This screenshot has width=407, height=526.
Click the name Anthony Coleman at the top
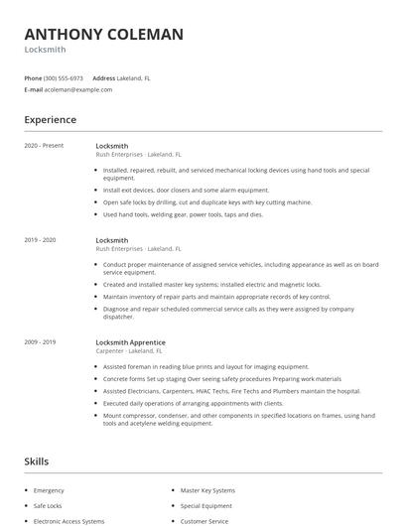[x=103, y=35]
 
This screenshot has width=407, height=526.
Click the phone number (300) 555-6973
[x=65, y=77]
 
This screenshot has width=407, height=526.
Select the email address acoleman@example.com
[x=78, y=89]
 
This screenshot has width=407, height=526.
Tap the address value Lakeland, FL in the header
[x=134, y=77]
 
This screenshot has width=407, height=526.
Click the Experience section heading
[x=50, y=120]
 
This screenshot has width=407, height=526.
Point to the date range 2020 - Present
[x=44, y=146]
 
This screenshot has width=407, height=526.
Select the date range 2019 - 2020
[x=40, y=240]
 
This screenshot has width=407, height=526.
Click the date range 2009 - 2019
[x=40, y=342]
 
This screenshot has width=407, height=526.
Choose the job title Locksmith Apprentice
[x=130, y=342]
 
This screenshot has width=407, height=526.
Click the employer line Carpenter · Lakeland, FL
[x=135, y=351]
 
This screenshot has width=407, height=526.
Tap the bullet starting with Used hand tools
[x=183, y=214]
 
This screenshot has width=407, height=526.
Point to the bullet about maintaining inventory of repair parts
[x=216, y=296]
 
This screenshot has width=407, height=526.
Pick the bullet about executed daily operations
[x=193, y=403]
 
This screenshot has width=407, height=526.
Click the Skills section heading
[x=37, y=461]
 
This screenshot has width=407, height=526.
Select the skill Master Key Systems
[x=207, y=490]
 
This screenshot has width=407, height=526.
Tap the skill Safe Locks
[x=48, y=505]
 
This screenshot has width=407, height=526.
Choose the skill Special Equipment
[x=206, y=505]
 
